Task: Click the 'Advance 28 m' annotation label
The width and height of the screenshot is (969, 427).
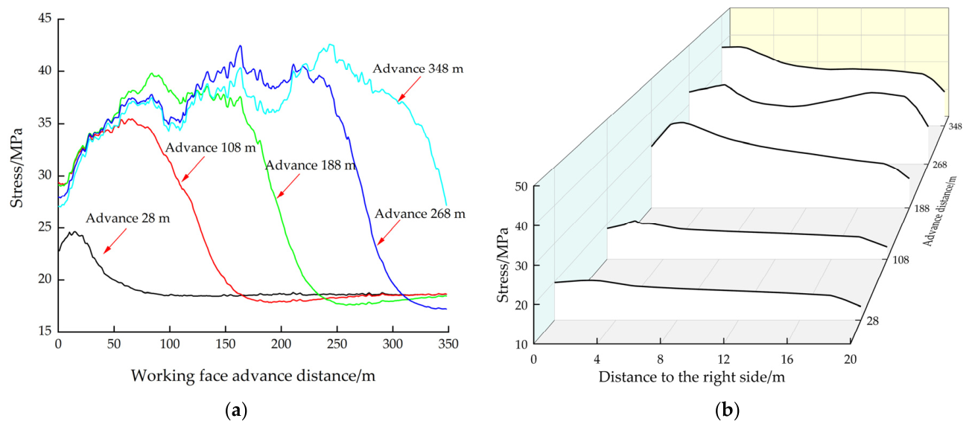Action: [127, 218]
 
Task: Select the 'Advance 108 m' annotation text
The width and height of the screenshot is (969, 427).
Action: [211, 148]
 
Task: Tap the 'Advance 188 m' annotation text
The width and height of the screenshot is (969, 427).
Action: [311, 166]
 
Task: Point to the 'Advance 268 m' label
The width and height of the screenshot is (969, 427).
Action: [419, 214]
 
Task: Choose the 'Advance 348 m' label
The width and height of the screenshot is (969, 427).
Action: [418, 68]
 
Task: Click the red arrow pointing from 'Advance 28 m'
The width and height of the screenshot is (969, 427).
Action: [115, 241]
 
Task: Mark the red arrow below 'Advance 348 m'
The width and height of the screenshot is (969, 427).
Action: [409, 89]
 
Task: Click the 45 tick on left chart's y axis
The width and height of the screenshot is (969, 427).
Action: [45, 19]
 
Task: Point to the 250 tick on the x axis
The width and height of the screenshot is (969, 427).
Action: [337, 344]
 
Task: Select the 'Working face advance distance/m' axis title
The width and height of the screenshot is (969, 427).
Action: [253, 376]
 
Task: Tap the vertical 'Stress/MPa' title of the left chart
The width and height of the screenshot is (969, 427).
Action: [16, 167]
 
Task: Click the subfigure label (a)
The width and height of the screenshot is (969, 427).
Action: [236, 410]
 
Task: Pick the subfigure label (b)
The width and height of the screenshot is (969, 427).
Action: [727, 410]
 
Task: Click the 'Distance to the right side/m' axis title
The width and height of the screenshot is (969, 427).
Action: [692, 377]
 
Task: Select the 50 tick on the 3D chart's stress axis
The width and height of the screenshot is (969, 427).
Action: [521, 186]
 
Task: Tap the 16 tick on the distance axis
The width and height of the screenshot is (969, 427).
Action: [787, 359]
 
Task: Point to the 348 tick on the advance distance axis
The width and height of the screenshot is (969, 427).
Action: [955, 126]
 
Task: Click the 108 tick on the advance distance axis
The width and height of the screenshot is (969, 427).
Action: [901, 260]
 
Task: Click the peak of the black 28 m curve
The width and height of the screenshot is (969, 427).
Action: [74, 231]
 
